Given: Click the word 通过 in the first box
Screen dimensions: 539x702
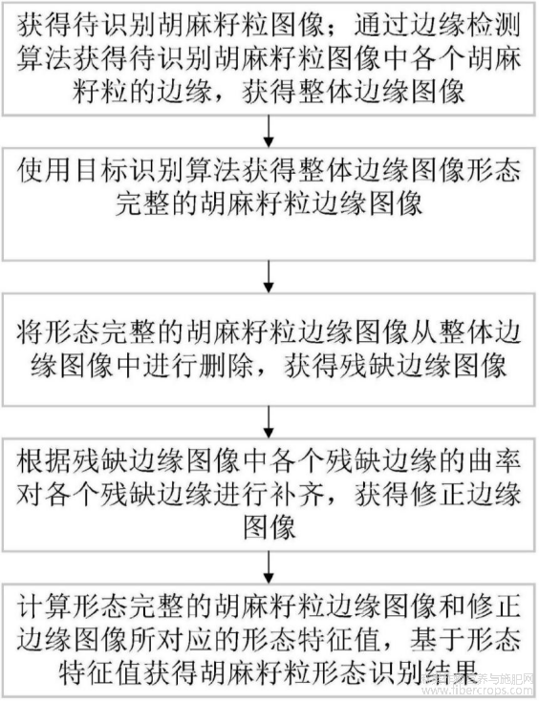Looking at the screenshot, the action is point(380,26).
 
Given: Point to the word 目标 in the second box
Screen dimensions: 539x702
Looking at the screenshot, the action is point(100,171).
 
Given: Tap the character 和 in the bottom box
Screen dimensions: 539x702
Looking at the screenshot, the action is point(451,606).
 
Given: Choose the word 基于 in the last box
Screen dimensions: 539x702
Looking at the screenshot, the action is point(436,639).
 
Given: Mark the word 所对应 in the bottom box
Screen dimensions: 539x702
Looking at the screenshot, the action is point(184,639).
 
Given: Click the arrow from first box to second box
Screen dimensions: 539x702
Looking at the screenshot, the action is point(269,131).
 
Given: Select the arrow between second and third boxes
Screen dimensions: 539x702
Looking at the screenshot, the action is point(269,277).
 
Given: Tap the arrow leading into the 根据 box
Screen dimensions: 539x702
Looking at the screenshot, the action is point(269,422).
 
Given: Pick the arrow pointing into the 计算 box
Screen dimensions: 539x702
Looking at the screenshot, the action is point(269,567).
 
